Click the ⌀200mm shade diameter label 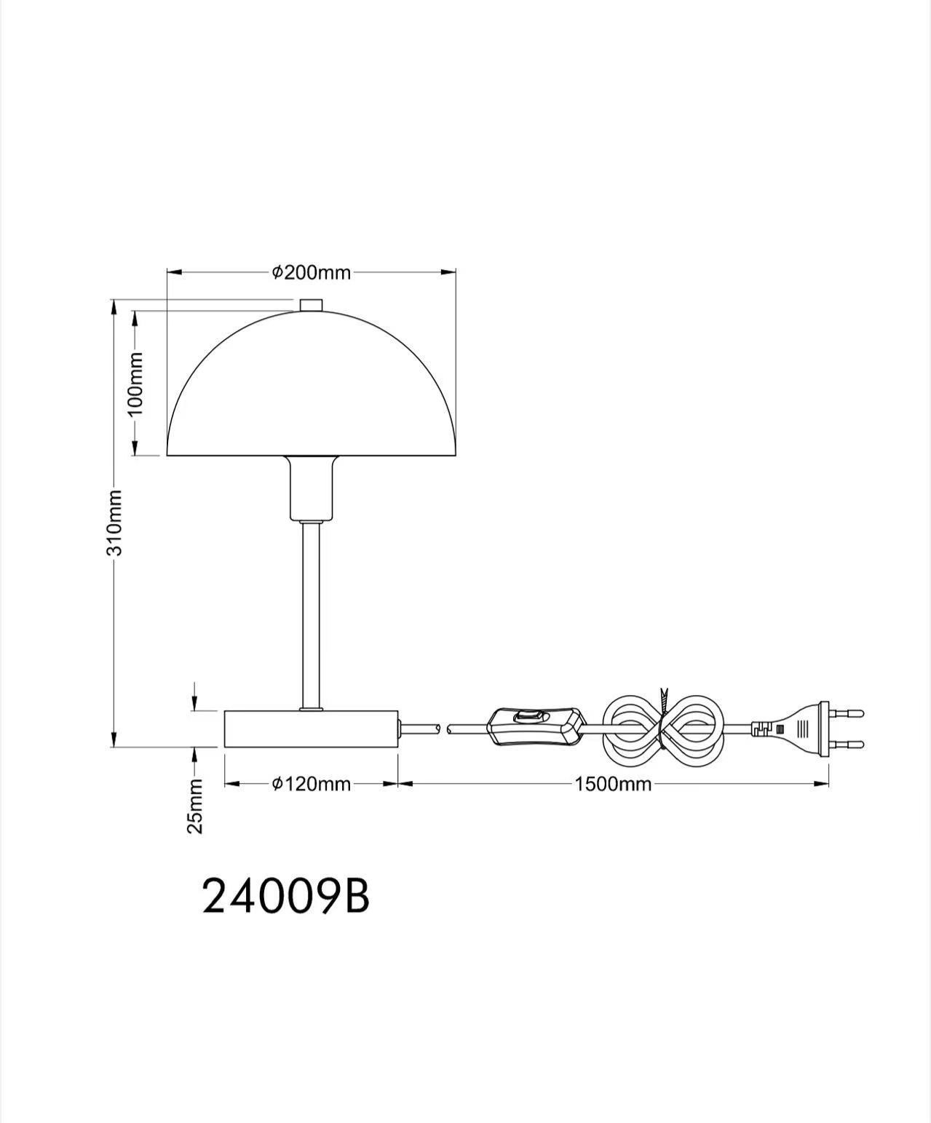[311, 272]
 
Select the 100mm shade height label [135, 383]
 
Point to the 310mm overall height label [114, 522]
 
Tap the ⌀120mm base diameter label [311, 784]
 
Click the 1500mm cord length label [612, 784]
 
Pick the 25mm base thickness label [195, 806]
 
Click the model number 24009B [285, 896]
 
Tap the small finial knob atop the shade [311, 304]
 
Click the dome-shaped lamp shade [311, 393]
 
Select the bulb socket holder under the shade [311, 488]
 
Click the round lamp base [311, 729]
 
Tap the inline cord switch [537, 726]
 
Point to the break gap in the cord [443, 727]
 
